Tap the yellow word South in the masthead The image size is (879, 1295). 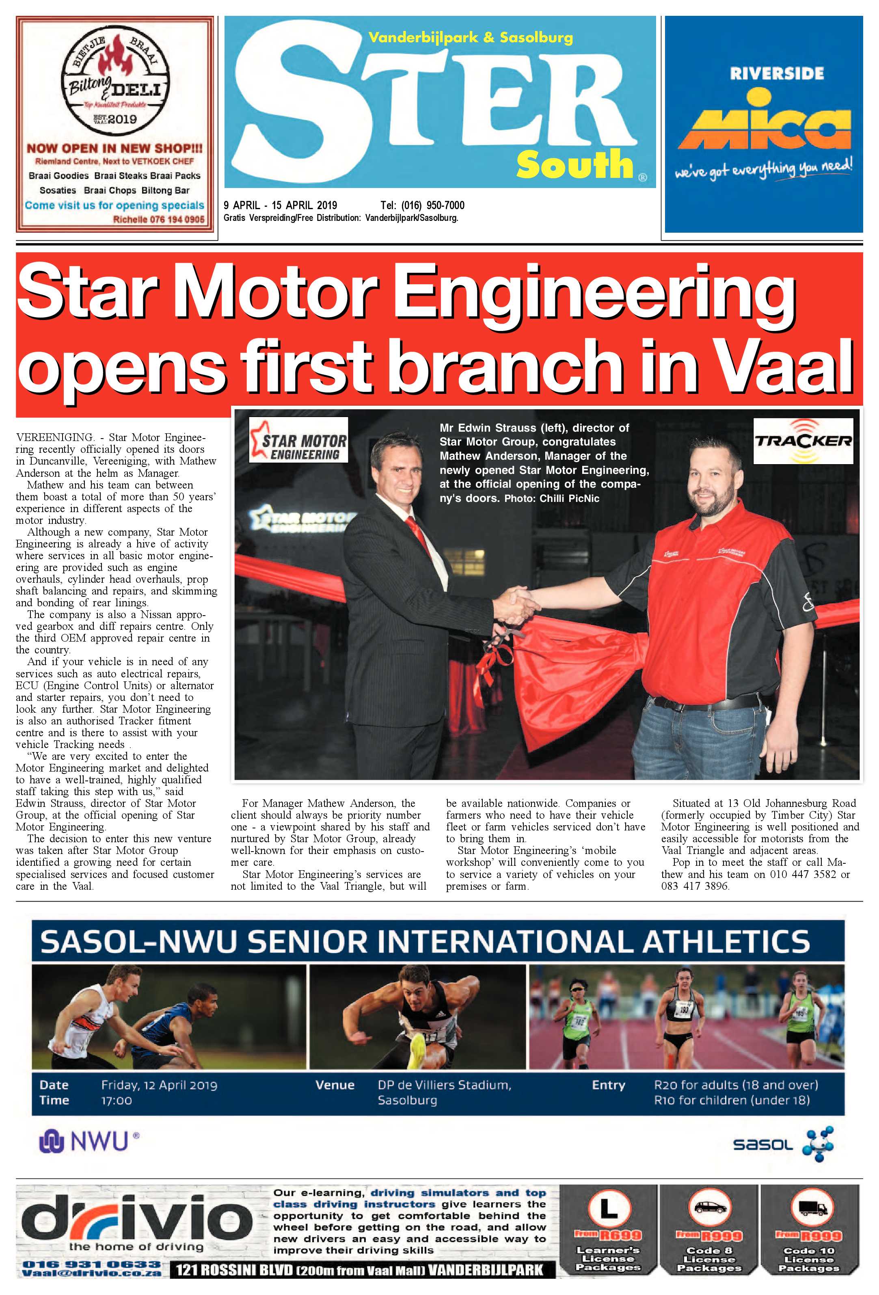[x=574, y=164]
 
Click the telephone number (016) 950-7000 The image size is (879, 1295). [x=422, y=205]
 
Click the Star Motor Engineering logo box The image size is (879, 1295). [x=298, y=440]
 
